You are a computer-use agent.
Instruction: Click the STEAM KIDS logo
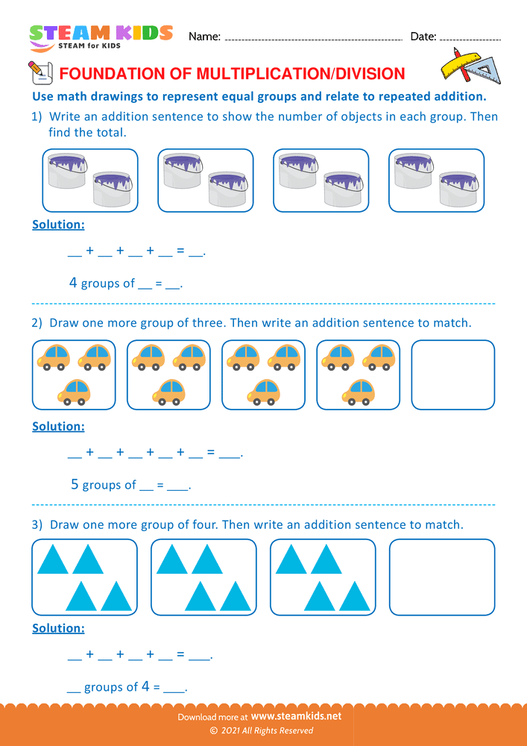coord(101,37)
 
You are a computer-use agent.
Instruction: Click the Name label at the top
coord(204,37)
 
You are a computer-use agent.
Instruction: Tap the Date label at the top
coord(423,37)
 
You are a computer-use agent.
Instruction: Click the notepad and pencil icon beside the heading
coord(39,73)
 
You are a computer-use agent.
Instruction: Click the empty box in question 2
coord(452,374)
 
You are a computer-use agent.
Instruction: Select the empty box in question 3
coord(442,577)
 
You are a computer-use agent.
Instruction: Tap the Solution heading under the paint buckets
coord(58,225)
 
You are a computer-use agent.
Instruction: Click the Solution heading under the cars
coord(58,427)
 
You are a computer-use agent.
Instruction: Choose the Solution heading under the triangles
coord(58,628)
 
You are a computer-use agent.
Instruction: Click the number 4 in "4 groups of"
coord(73,283)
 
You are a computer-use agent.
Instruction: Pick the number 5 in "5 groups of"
coord(75,484)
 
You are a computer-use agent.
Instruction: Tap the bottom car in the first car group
coord(74,391)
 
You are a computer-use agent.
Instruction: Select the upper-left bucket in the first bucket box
coord(69,169)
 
